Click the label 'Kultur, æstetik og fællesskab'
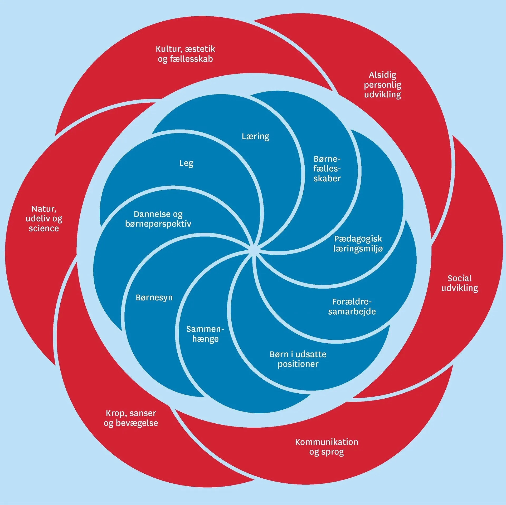tap(185, 54)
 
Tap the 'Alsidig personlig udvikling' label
tap(382, 85)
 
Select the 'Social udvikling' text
tap(459, 283)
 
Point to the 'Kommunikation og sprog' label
tap(326, 447)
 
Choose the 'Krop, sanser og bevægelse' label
tap(131, 418)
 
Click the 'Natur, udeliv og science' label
tap(44, 218)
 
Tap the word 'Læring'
tap(255, 136)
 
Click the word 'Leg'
tap(186, 163)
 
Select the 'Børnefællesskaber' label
tap(327, 169)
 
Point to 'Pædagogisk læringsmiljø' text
tap(358, 244)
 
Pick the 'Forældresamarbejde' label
tap(352, 306)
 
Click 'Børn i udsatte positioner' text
tap(298, 359)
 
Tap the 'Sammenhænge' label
tap(205, 334)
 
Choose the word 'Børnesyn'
tap(154, 298)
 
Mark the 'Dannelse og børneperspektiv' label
tap(158, 219)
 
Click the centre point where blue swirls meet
tap(253, 250)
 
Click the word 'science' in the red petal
tap(44, 228)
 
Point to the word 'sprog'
tap(326, 452)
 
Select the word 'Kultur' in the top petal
tap(166, 49)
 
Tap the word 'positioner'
tap(298, 364)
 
